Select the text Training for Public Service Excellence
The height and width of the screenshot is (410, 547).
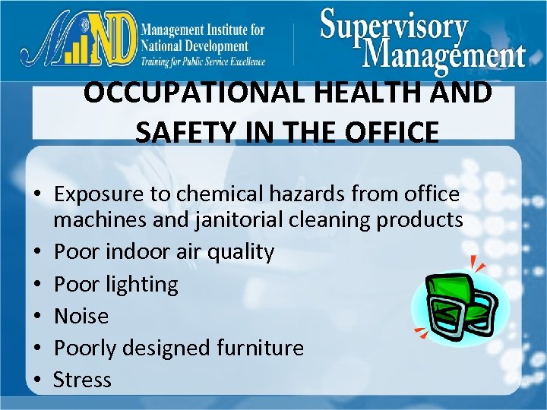203,61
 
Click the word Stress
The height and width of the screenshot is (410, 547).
82,380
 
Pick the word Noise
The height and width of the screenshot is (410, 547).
81,316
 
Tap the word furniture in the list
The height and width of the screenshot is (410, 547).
259,348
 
